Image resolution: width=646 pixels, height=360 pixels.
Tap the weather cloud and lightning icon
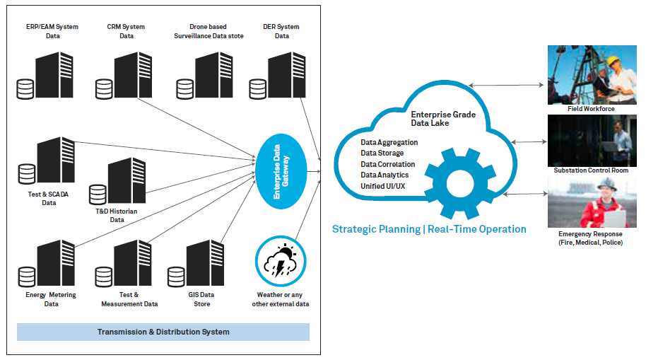[281, 262]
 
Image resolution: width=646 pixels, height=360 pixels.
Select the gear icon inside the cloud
[459, 180]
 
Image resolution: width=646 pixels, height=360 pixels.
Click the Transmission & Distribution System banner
[163, 332]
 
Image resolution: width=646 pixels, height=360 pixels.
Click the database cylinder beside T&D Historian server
[98, 193]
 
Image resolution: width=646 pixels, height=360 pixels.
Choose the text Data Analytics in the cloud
[384, 175]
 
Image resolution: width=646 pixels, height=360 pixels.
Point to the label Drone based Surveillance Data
[209, 32]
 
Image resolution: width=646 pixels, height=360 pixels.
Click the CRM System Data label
[126, 32]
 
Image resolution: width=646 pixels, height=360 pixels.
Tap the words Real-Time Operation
[483, 229]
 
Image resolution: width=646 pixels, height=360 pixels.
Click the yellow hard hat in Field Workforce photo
[612, 61]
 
